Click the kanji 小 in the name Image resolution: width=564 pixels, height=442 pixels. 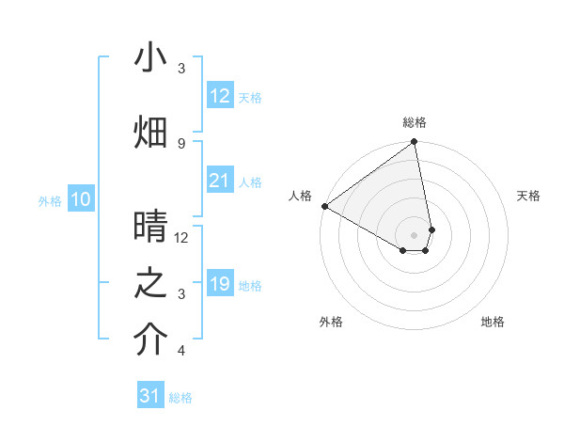coord(150,58)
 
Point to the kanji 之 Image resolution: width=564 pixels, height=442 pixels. coord(150,283)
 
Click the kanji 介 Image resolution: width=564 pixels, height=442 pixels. coord(150,340)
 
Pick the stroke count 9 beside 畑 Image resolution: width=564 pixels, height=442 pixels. coord(181,143)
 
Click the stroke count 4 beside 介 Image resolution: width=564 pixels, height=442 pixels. coord(181,351)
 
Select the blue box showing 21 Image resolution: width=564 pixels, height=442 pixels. coord(219,181)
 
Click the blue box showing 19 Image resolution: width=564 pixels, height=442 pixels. coord(219,284)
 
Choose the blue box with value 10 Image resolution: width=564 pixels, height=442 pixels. coord(81,199)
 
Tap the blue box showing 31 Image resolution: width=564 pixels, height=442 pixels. coord(150,396)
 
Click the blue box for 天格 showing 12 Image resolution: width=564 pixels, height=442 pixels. coord(219,96)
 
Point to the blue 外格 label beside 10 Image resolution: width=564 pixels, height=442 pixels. coord(50,201)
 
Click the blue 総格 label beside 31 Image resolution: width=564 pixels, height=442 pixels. coord(180,398)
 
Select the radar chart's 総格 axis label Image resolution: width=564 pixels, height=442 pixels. coord(415,122)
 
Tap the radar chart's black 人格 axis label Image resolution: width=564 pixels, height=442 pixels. coord(301,195)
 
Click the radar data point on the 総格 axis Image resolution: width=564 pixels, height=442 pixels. coord(414,143)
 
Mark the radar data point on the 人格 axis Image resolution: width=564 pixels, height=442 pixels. coord(324,206)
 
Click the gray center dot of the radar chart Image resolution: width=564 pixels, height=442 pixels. coord(414,234)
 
